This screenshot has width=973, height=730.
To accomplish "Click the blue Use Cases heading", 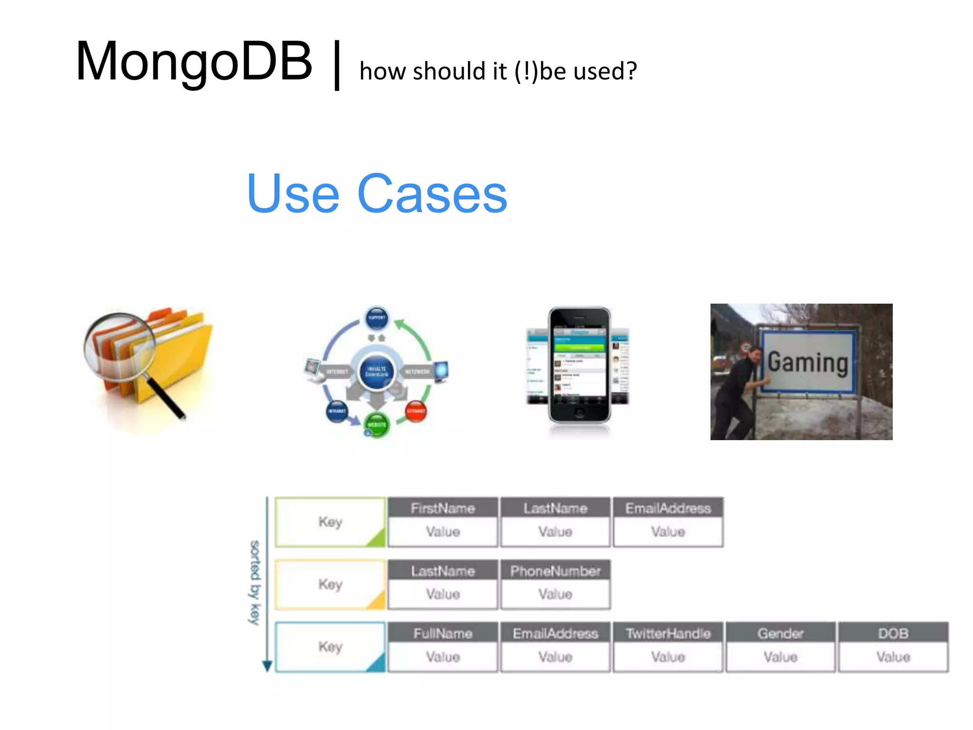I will coord(377,194).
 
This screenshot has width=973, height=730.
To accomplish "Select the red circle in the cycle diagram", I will coord(416,411).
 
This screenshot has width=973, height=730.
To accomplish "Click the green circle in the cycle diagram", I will coord(377,424).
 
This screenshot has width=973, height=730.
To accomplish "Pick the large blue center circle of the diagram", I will coord(377,371).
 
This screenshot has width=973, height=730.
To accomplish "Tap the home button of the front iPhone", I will coord(580,413).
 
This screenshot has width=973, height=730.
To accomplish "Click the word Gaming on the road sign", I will coord(808,363).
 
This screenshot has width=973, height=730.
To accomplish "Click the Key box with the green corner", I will coord(330,522).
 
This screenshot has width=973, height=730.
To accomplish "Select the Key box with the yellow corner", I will coord(330,584).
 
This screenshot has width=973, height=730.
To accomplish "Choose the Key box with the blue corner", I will coord(330,647).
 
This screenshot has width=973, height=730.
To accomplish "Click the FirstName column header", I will coord(443,508).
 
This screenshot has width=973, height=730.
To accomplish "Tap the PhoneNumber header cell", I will coord(555,571).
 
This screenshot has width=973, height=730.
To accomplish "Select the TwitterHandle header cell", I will coord(668,634).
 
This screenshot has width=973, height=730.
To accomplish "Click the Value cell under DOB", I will coord(893,657).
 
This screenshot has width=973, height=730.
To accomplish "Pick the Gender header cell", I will coord(781,634).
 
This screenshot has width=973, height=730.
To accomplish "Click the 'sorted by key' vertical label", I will coord(255,583).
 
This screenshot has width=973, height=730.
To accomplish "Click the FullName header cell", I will coord(443,634).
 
